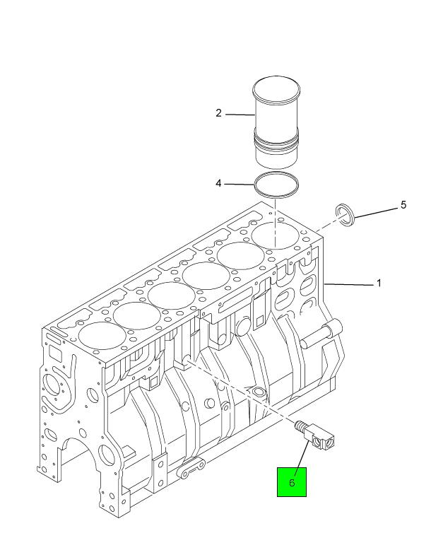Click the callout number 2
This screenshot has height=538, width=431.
(219, 113)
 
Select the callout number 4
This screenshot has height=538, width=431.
(219, 184)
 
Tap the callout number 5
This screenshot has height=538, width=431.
(403, 205)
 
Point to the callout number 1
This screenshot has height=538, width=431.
(379, 283)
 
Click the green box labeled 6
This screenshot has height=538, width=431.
(292, 481)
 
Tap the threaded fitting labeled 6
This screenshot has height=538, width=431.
(314, 435)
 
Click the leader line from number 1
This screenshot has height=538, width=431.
(349, 284)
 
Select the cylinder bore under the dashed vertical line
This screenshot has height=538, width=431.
(276, 235)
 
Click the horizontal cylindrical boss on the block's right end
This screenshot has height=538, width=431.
(321, 334)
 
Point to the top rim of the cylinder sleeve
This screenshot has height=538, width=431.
(276, 89)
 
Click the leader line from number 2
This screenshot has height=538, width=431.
(240, 115)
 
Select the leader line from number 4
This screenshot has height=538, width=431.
(239, 185)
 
